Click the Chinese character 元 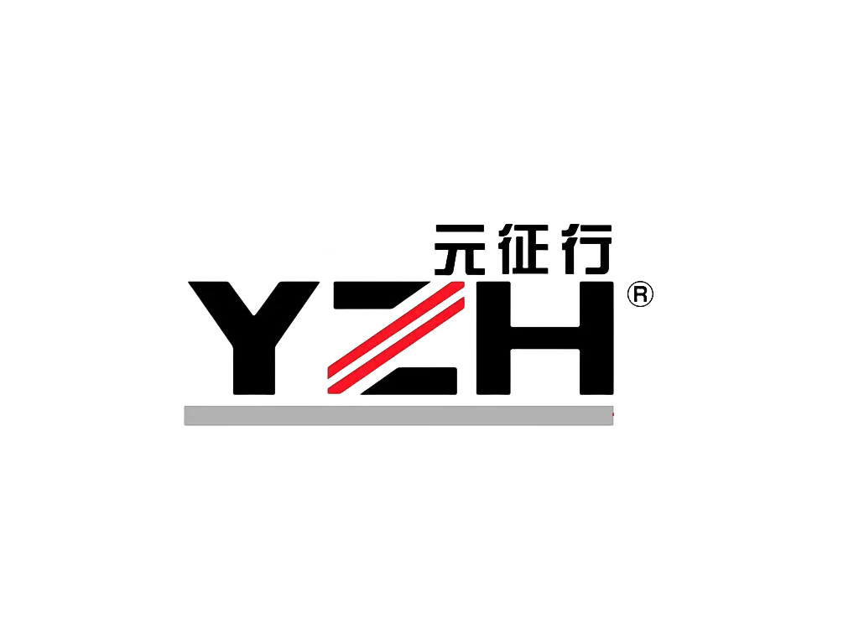[x=459, y=249]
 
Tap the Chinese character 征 [x=523, y=249]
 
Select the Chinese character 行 [x=586, y=249]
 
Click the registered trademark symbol [x=640, y=294]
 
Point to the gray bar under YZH [x=398, y=416]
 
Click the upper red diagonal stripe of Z [x=396, y=330]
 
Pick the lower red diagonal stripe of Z [x=396, y=345]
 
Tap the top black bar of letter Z [x=381, y=295]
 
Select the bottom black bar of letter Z [x=409, y=381]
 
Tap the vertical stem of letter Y [x=254, y=367]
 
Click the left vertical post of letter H [x=493, y=338]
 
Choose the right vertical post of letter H [x=596, y=338]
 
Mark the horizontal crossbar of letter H [x=545, y=338]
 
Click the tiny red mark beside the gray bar [x=613, y=414]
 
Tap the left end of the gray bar [x=185, y=416]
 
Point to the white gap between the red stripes [x=396, y=337]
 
